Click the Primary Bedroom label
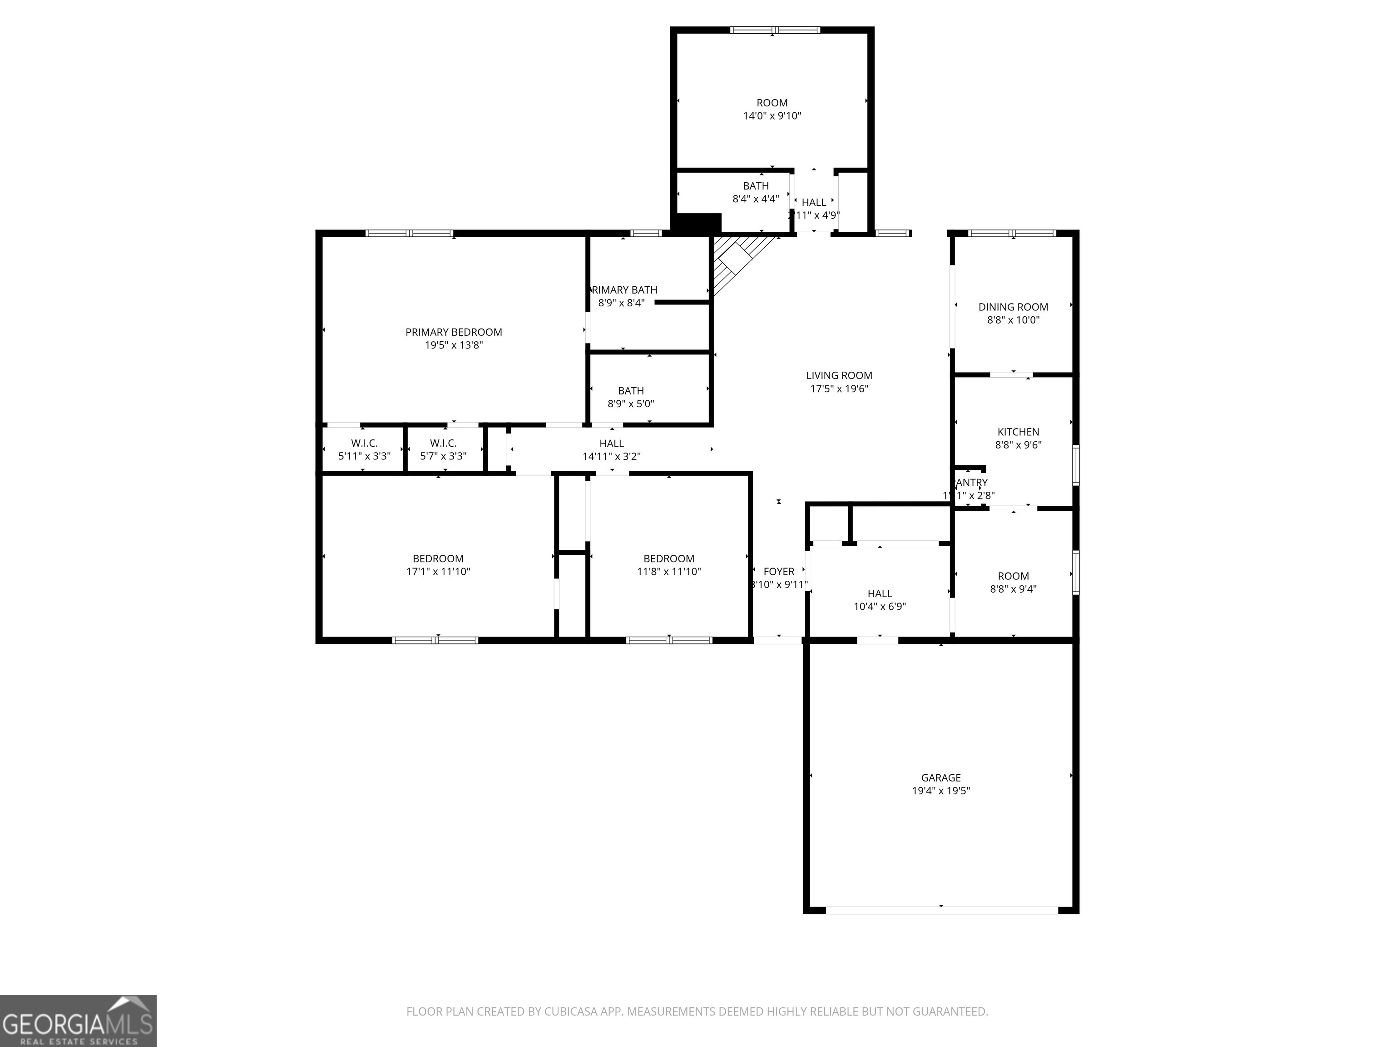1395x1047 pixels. coord(454,332)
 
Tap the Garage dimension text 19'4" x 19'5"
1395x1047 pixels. coord(940,791)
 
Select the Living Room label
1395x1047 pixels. coord(839,375)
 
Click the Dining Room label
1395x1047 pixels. coord(1013,307)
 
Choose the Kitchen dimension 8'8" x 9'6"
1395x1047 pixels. coord(1018,445)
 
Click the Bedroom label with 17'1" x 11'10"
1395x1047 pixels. coord(438,558)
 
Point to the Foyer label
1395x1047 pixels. coord(779,572)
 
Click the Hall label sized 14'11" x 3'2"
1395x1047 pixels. coord(611,444)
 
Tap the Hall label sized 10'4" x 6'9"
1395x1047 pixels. coord(879,593)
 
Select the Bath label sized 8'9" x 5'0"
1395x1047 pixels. coord(631,391)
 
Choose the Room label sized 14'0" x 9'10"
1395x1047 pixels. coord(772,103)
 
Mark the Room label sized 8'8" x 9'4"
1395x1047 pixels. coord(1013,576)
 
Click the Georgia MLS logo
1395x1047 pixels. coord(78,1021)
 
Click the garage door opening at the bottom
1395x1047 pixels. coord(941,910)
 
